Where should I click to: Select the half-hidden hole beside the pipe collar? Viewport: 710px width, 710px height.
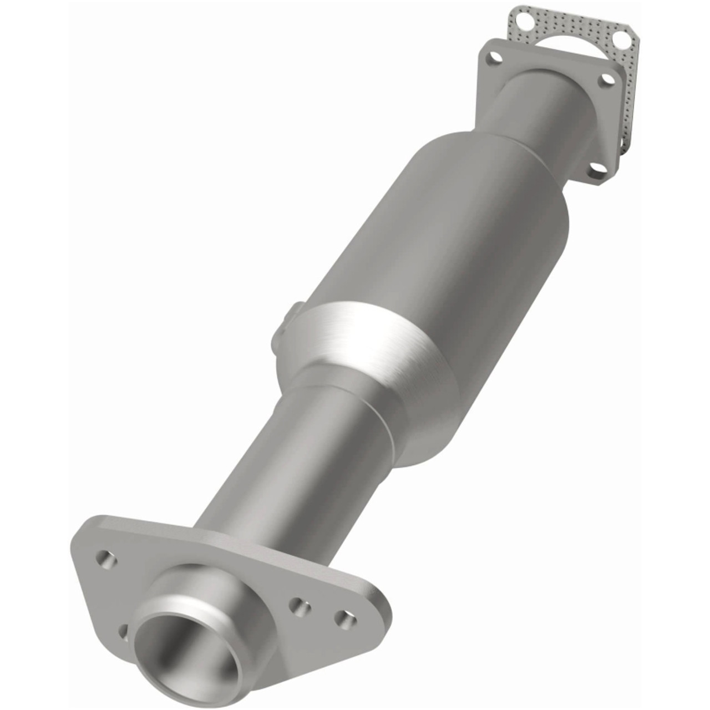124,631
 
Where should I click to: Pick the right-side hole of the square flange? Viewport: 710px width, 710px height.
608,80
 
